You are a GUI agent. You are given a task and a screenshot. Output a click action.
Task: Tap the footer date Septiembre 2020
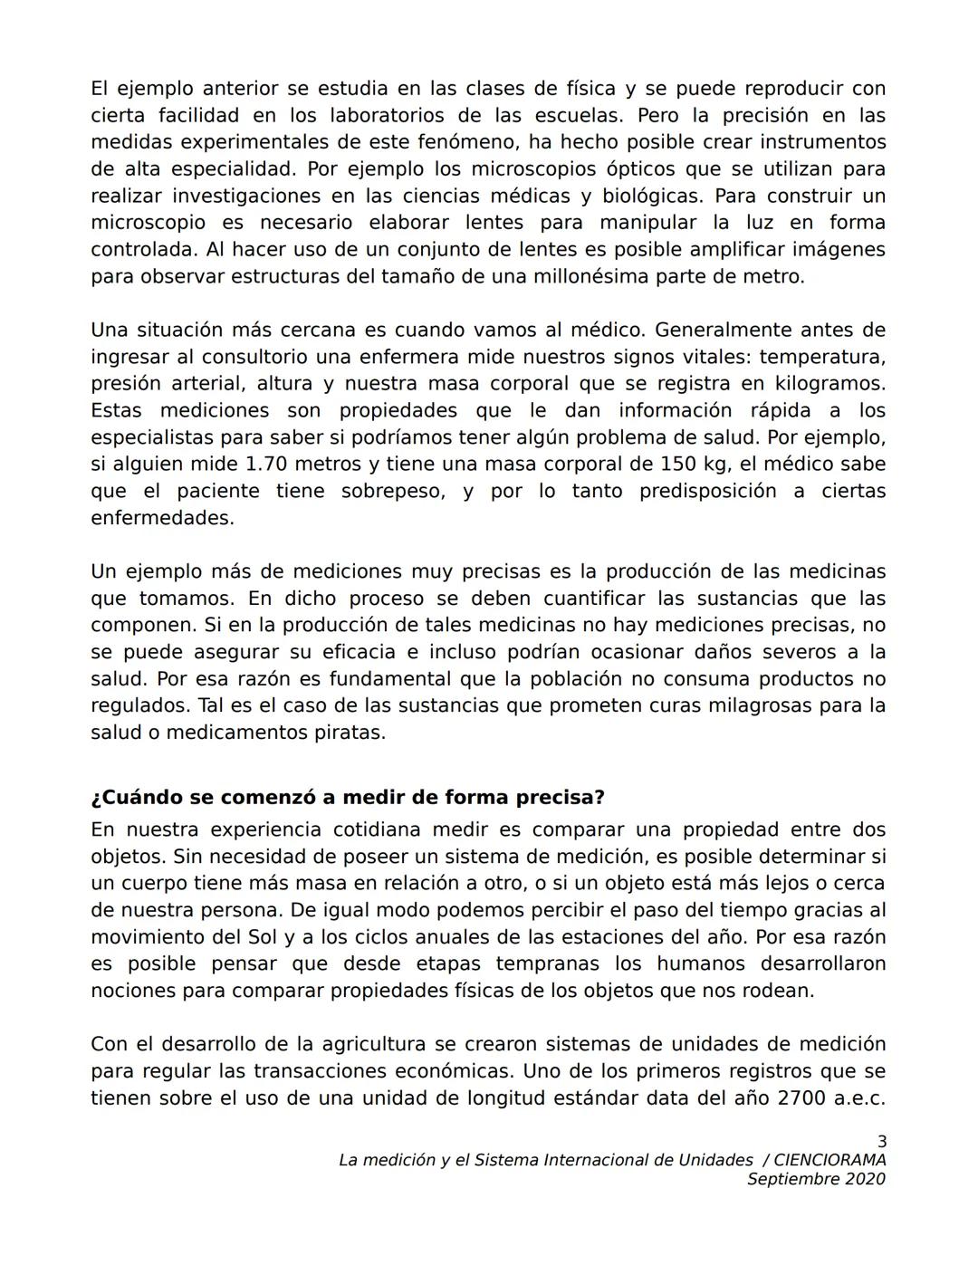[x=816, y=1179]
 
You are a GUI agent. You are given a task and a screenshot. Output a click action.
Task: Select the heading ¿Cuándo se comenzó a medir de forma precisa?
[x=348, y=798]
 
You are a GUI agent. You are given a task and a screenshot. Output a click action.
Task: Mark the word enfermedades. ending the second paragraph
[x=162, y=518]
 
